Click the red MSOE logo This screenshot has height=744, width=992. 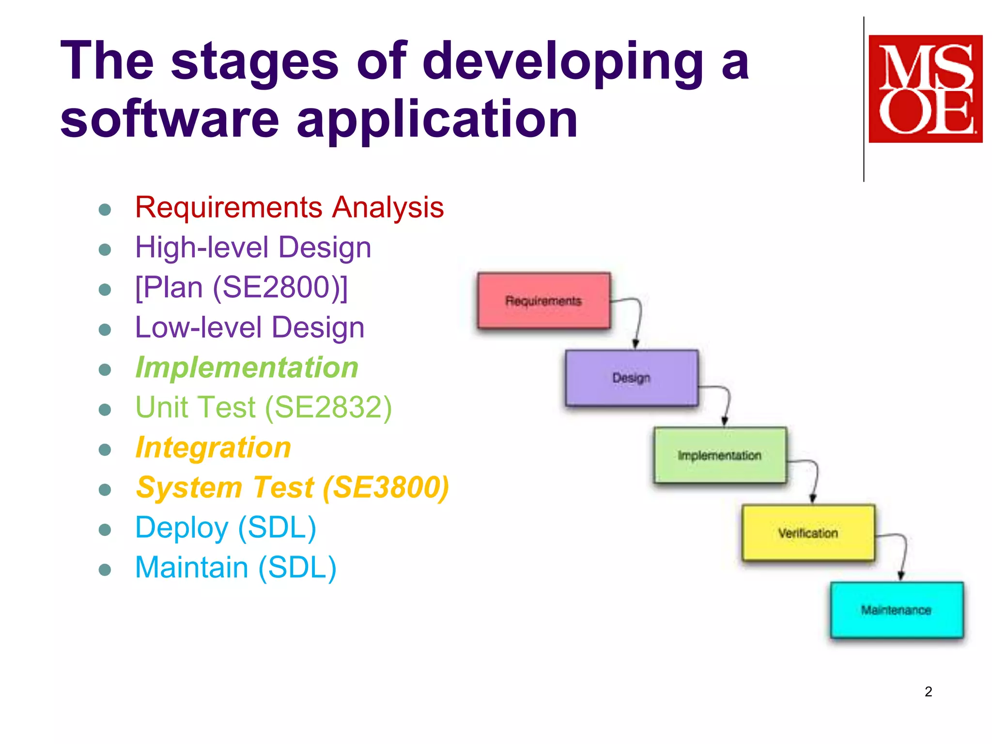pos(925,89)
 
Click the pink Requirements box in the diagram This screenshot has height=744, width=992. pos(543,301)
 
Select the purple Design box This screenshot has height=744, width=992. pos(632,378)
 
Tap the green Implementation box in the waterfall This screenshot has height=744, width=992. pos(720,455)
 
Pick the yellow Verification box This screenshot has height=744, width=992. pos(808,533)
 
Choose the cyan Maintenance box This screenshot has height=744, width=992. pos(897,610)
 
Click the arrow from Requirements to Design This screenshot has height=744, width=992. pos(638,320)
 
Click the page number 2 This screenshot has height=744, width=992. pos(928,692)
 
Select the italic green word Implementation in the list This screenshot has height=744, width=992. pos(247,368)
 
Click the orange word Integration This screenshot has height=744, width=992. pos(213,448)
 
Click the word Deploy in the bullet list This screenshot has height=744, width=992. pos(182,527)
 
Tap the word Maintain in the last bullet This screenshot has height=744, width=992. pos(191,568)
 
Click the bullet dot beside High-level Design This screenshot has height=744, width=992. pos(105,250)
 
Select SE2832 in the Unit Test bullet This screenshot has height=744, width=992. pos(328,407)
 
